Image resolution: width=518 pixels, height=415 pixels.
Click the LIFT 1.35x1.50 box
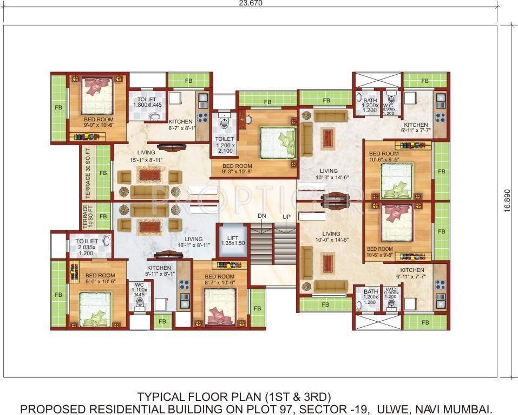click(233, 240)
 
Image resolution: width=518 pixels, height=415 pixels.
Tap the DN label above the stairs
click(261, 216)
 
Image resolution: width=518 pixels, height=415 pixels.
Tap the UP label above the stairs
click(286, 216)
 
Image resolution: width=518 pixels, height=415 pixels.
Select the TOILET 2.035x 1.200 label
click(87, 247)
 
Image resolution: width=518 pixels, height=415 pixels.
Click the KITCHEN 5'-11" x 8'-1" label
click(159, 271)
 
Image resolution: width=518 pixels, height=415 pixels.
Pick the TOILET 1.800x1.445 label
click(147, 103)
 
